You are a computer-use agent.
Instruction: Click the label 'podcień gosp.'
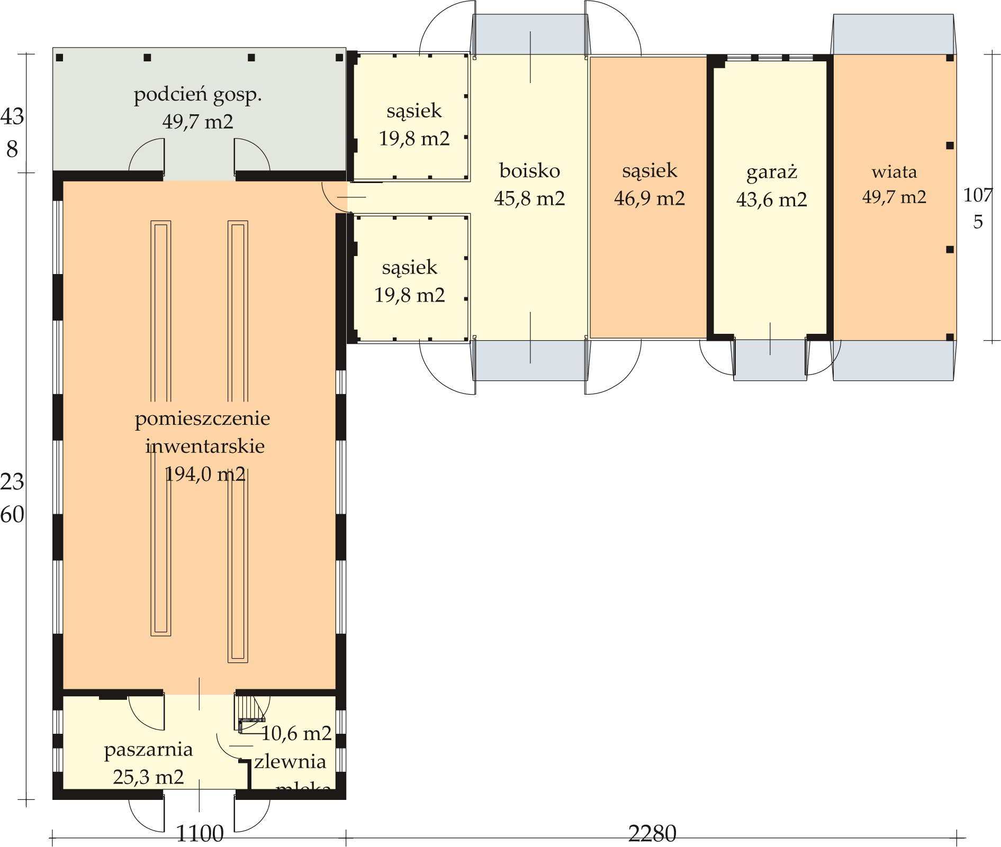[197, 95]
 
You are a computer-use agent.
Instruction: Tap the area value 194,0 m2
[205, 474]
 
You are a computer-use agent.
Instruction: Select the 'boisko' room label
[529, 171]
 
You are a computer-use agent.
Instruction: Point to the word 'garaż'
[771, 172]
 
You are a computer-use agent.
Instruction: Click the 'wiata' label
[894, 171]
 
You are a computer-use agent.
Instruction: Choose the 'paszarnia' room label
[148, 750]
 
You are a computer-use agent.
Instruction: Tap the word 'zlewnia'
[290, 761]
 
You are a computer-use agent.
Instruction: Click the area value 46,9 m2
[649, 198]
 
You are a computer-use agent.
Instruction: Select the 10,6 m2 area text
[296, 733]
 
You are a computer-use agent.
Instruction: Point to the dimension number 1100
[200, 834]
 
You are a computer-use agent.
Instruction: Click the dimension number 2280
[652, 834]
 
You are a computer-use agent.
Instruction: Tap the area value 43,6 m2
[771, 199]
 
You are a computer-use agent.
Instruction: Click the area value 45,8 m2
[529, 198]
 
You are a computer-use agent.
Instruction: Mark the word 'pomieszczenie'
[202, 418]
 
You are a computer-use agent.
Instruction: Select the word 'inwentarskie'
[205, 446]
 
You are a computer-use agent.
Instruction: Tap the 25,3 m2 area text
[148, 777]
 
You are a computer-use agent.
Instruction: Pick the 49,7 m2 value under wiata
[894, 197]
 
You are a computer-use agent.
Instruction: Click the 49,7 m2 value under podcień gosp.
[197, 122]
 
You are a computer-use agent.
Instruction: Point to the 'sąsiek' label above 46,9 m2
[649, 171]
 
